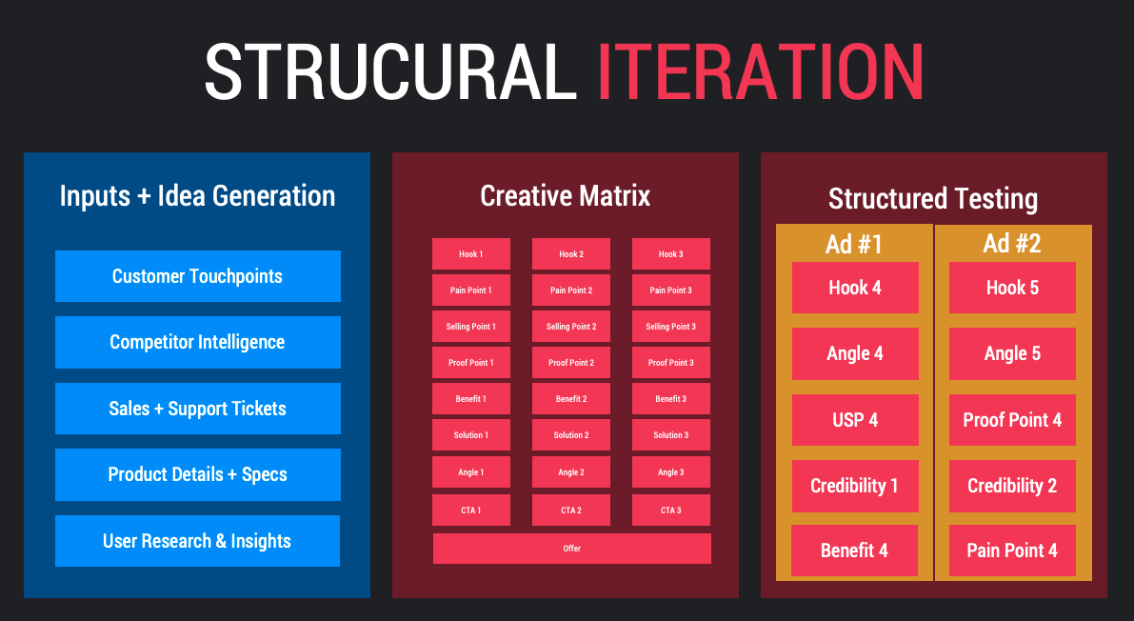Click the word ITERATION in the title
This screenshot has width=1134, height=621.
(x=760, y=71)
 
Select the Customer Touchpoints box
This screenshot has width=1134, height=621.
(x=197, y=276)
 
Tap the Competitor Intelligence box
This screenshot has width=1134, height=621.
(x=197, y=342)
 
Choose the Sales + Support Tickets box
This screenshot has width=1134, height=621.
(x=197, y=409)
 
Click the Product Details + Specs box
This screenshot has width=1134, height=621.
(x=197, y=474)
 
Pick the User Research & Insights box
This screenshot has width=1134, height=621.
(x=197, y=541)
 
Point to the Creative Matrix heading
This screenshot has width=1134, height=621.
(x=565, y=196)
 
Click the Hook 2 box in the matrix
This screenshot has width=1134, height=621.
(x=570, y=254)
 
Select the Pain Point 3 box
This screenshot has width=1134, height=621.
(x=670, y=290)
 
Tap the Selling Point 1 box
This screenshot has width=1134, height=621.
(x=470, y=327)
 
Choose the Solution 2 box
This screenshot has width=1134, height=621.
(x=570, y=435)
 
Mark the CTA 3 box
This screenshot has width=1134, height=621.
(x=670, y=511)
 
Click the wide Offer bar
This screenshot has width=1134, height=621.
(x=572, y=549)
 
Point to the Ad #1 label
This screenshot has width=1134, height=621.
(x=854, y=244)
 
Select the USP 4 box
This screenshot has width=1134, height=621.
(x=855, y=420)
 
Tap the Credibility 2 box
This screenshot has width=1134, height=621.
(x=1012, y=486)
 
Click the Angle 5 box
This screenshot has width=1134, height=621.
(x=1012, y=353)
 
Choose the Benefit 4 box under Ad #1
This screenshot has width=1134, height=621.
(x=854, y=551)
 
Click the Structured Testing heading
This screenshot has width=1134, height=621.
(x=933, y=199)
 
